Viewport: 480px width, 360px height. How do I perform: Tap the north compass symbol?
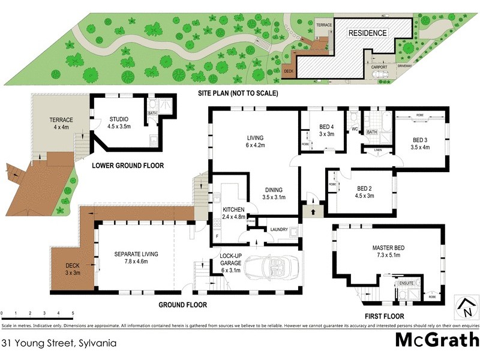point(465,307)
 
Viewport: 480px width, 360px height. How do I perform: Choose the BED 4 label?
point(326,127)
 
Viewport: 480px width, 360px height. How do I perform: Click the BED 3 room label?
point(420,139)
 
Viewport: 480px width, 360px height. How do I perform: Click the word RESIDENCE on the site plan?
point(368,33)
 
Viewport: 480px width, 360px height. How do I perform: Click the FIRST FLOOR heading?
point(383,316)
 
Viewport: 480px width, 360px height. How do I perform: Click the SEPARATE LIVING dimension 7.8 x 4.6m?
point(136,262)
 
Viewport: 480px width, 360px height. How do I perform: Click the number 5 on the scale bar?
point(73,313)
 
